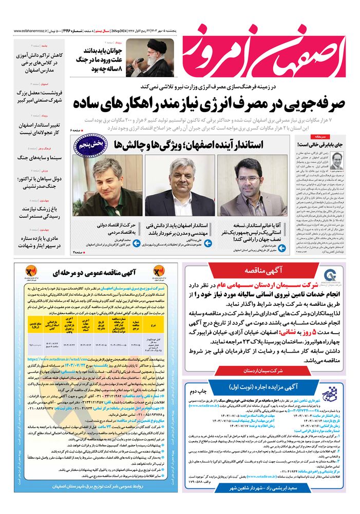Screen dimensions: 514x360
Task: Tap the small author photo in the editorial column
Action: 337,160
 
